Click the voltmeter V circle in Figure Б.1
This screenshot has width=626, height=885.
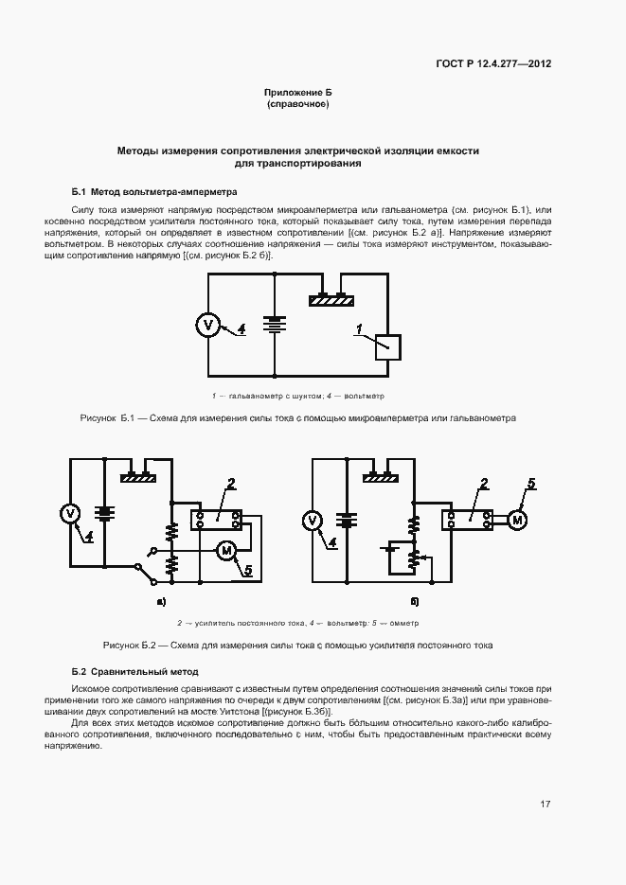pos(208,325)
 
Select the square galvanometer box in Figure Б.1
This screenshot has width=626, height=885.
pos(388,347)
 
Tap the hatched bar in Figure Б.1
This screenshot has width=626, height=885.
pos(331,300)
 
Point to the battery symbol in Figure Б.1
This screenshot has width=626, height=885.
pos(275,325)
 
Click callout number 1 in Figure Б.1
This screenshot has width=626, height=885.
pos(359,328)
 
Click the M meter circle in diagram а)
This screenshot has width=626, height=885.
pos(226,550)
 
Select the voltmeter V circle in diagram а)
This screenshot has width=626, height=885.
pos(69,513)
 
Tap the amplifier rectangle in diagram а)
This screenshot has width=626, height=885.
pos(216,518)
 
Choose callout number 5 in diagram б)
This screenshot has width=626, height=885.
pos(531,484)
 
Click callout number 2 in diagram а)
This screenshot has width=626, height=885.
pos(230,486)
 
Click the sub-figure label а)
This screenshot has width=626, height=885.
pos(161,601)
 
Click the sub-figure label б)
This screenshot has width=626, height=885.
pos(415,601)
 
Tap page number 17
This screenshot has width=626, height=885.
pos(546,805)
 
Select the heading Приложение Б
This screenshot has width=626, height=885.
pos(297,93)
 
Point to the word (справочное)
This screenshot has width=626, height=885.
pos(297,104)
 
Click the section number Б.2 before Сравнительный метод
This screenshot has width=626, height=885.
pos(80,670)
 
